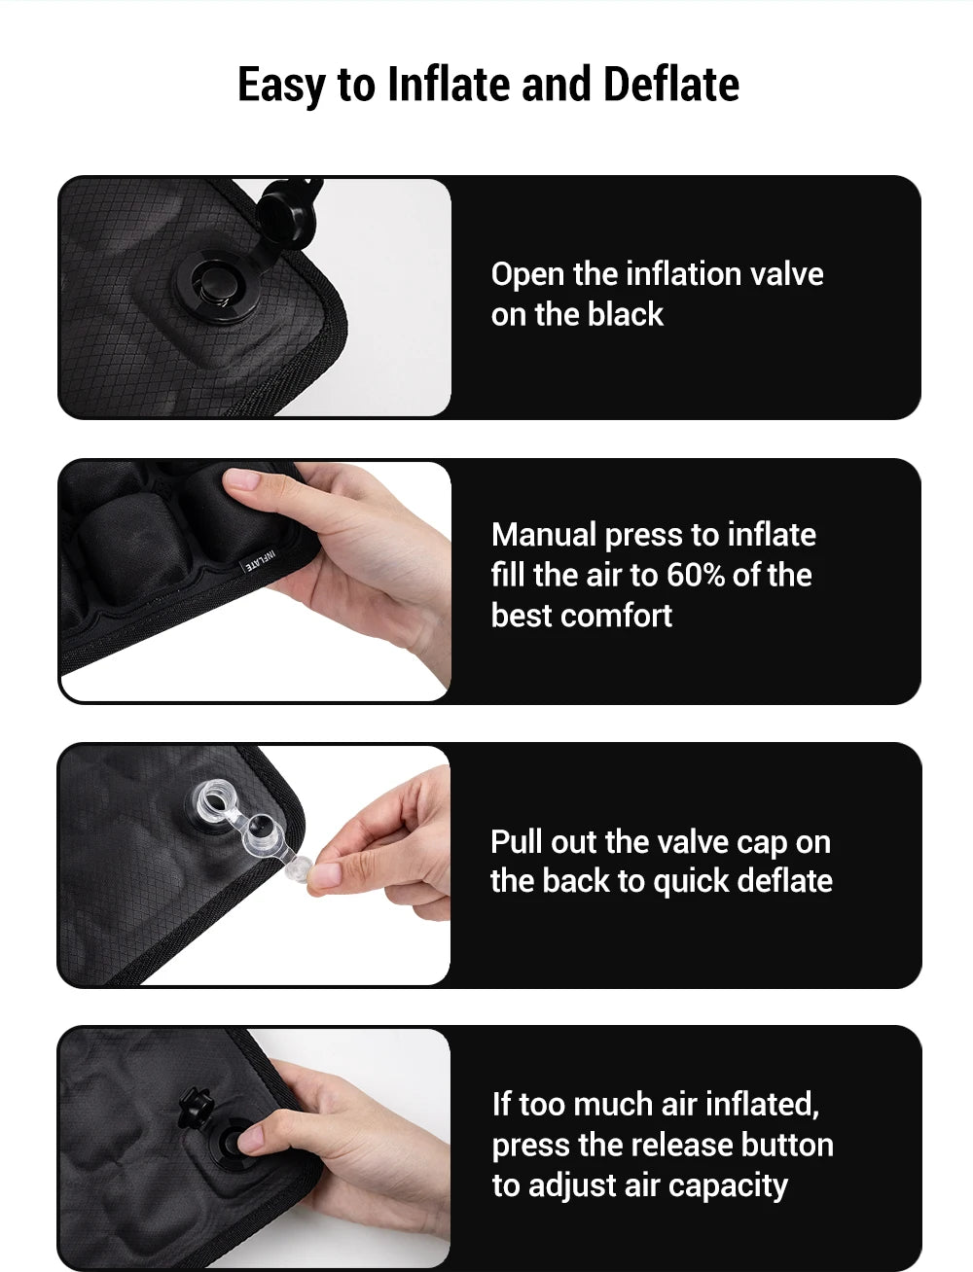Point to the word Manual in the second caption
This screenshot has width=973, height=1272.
coord(544,535)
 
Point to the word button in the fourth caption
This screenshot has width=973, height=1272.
coord(787,1145)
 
